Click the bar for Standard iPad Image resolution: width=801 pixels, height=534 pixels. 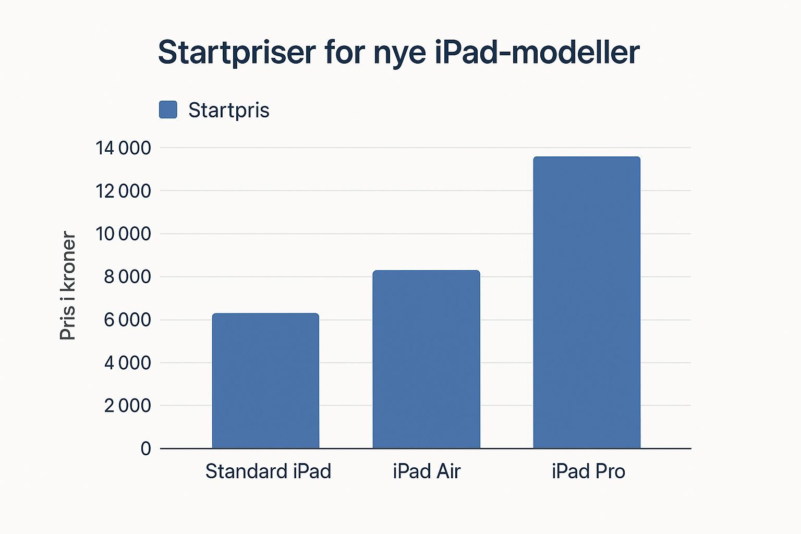click(265, 381)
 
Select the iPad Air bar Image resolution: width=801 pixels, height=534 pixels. click(426, 359)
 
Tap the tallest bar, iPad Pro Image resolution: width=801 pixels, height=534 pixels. click(587, 302)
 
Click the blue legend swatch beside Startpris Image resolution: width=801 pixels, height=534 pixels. click(168, 110)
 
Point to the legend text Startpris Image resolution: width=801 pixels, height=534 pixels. click(229, 110)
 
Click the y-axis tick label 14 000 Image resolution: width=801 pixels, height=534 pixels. click(123, 148)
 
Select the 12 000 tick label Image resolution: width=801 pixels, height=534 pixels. click(123, 191)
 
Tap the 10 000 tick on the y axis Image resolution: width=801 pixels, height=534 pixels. click(123, 234)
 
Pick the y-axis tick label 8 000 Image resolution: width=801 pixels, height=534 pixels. click(127, 277)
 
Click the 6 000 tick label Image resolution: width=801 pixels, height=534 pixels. click(127, 320)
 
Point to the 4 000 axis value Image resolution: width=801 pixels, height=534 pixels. click(127, 362)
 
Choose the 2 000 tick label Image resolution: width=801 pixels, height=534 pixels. click(127, 406)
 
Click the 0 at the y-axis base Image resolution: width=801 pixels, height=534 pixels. click(145, 448)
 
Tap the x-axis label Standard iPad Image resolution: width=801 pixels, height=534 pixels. click(268, 471)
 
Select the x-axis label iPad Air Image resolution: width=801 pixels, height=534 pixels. click(427, 471)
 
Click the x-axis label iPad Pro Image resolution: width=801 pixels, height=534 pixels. click(589, 471)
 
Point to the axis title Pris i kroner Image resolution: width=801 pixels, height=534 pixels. click(68, 285)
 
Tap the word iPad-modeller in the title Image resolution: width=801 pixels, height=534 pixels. click(537, 52)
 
